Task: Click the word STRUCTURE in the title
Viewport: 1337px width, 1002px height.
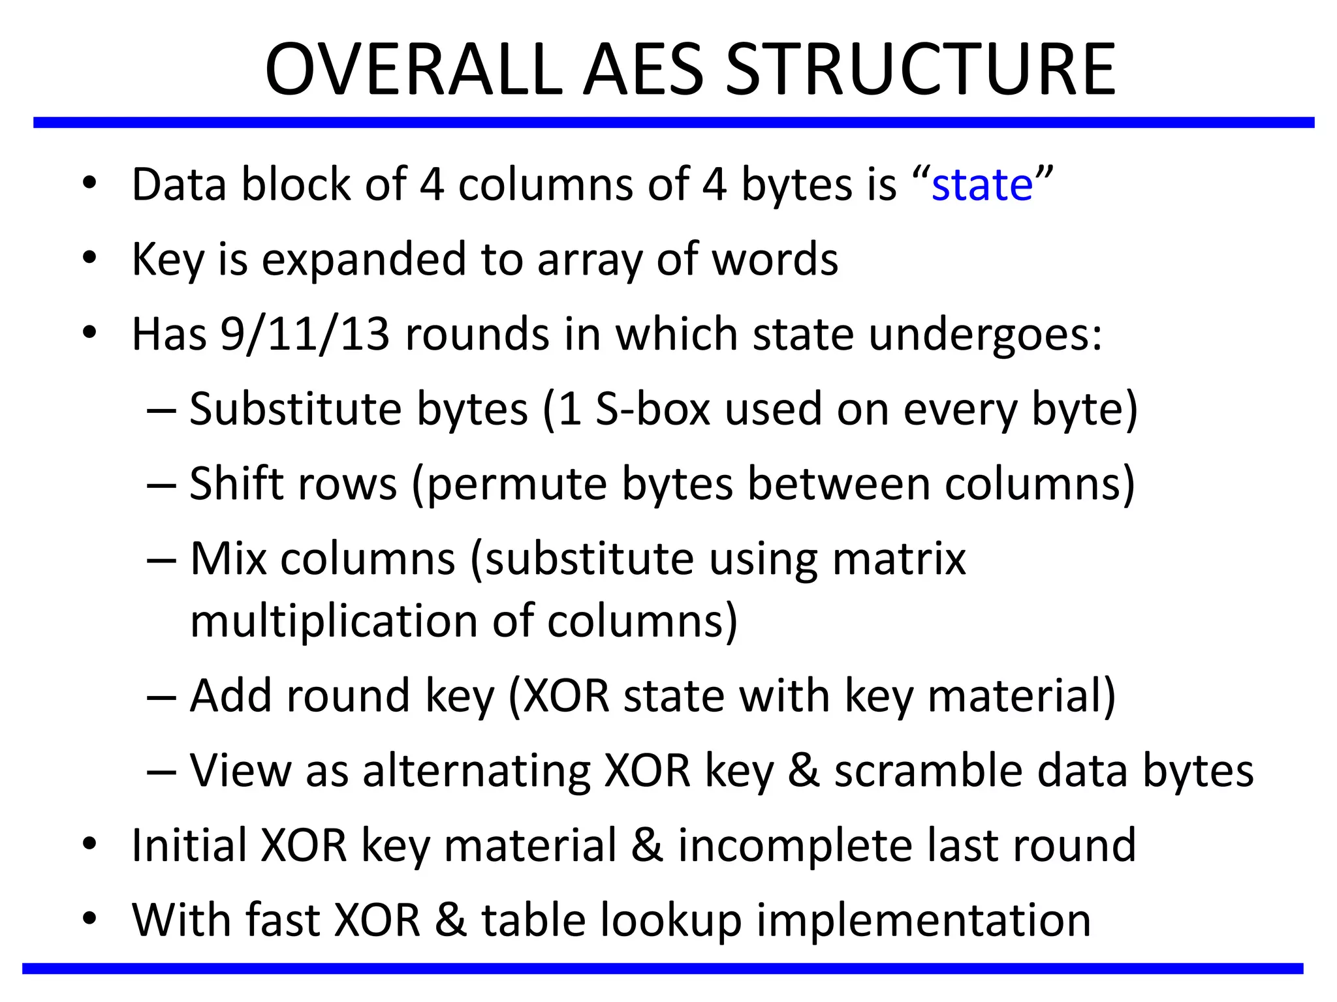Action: (920, 69)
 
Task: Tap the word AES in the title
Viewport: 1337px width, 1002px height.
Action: (643, 69)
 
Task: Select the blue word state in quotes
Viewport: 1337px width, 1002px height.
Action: (982, 185)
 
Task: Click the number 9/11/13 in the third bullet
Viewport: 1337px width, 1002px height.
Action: (305, 334)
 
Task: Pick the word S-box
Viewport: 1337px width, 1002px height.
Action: (652, 410)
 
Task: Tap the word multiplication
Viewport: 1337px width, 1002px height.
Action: (334, 620)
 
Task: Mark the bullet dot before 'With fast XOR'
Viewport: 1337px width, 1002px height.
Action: (89, 918)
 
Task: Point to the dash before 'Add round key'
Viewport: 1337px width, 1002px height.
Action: (161, 697)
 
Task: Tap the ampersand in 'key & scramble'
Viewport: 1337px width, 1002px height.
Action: (804, 770)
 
